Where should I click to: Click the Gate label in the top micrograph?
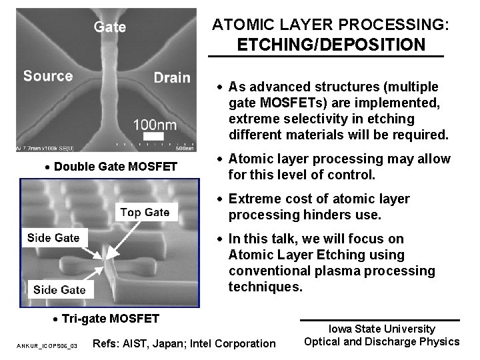[109, 27]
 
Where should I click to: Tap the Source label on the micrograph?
[48, 75]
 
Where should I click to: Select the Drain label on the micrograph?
[172, 77]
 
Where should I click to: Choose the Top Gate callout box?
[145, 213]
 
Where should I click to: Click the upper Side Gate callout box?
[53, 238]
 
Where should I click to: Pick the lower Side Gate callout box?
[59, 289]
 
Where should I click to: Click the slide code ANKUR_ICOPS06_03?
[47, 346]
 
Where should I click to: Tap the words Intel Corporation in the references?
[233, 343]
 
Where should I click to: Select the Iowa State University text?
[381, 329]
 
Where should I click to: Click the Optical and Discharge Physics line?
[381, 341]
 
